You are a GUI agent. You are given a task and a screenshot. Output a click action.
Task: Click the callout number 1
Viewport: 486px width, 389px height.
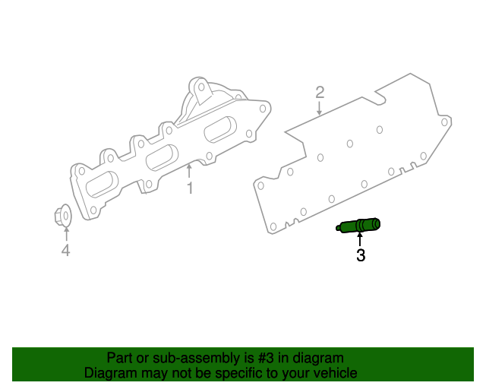(x=190, y=187)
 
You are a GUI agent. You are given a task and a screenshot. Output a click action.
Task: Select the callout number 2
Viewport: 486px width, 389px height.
(x=320, y=93)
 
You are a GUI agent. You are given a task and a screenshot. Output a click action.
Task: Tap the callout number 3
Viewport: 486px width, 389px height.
(x=361, y=256)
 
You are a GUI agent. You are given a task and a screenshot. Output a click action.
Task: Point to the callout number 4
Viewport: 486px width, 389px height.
(x=65, y=251)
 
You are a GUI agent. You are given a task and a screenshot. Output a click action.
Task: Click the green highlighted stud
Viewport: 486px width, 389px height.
(x=359, y=226)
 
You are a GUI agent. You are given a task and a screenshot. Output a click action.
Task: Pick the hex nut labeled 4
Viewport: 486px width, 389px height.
(x=64, y=217)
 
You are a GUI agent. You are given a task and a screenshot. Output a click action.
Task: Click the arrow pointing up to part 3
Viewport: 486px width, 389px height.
(x=360, y=240)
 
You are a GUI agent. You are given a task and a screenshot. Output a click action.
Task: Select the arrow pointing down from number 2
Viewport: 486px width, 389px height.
(x=320, y=108)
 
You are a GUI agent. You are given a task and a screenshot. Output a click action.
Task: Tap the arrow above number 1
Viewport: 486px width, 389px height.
(x=190, y=172)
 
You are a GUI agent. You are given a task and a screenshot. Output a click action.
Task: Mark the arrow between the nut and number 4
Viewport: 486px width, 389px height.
(x=65, y=234)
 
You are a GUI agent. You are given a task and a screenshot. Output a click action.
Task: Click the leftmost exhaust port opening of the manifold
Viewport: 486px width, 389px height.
(x=103, y=185)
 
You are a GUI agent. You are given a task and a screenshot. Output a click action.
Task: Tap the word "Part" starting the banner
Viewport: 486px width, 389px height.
(x=120, y=358)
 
